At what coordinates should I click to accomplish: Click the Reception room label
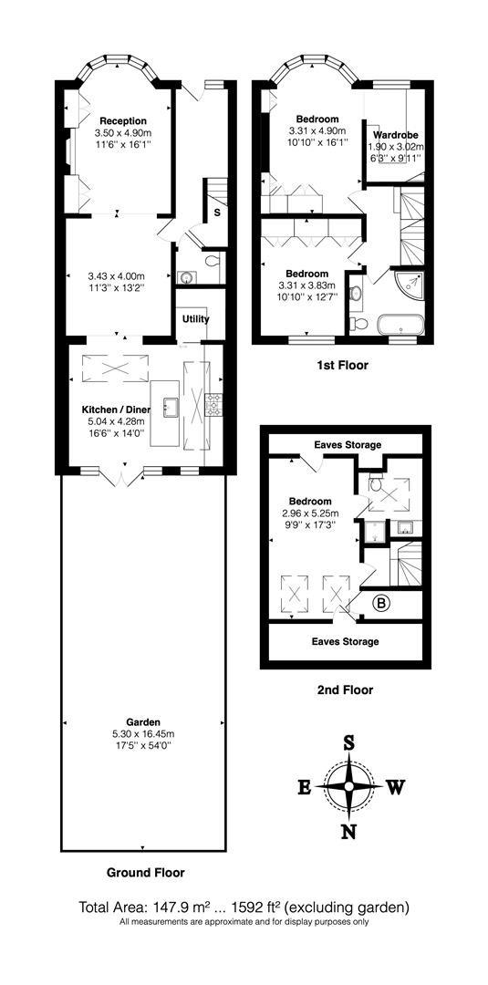pyautogui.click(x=123, y=120)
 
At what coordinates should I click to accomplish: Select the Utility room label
pyautogui.click(x=195, y=319)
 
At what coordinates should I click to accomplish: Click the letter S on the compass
pyautogui.click(x=348, y=742)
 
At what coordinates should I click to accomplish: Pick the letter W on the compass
pyautogui.click(x=394, y=787)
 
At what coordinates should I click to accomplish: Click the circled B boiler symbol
pyautogui.click(x=382, y=602)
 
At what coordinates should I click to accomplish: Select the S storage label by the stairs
pyautogui.click(x=216, y=213)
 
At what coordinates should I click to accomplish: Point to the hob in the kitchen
pyautogui.click(x=215, y=405)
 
